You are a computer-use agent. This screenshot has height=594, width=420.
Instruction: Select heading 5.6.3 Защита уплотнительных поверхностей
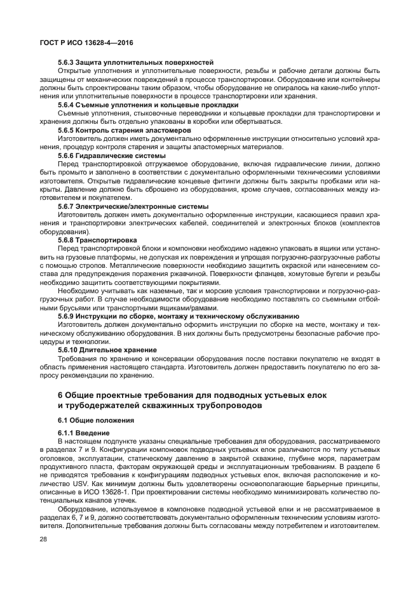[x=135, y=62]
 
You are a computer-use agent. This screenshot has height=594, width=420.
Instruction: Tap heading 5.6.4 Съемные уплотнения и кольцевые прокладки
[x=148, y=105]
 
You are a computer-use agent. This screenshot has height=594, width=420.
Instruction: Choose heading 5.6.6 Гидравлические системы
[x=112, y=155]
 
